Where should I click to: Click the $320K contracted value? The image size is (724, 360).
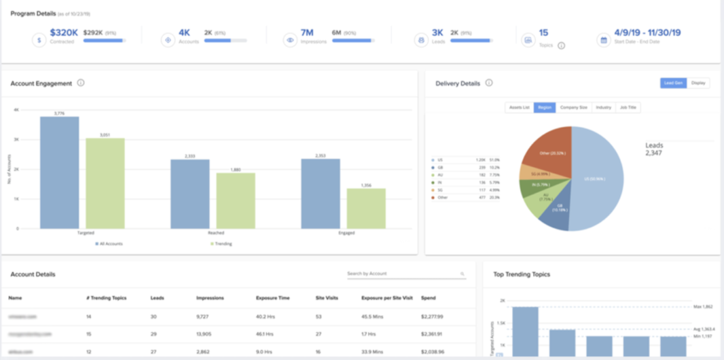point(64,32)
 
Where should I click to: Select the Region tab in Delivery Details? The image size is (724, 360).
point(544,107)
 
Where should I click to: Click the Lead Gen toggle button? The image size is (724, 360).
point(673,83)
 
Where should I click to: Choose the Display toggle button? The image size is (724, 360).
point(698,83)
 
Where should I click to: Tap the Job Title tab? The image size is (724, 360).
point(627,107)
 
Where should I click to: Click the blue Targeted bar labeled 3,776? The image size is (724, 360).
point(59,173)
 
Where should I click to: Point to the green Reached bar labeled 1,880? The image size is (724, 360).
point(236,201)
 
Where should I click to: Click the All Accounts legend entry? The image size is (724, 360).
point(109,243)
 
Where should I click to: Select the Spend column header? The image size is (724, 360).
point(429,298)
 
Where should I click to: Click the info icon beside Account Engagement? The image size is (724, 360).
point(81,83)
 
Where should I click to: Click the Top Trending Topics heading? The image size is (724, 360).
point(521,274)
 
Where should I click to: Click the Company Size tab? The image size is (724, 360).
point(573,107)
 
